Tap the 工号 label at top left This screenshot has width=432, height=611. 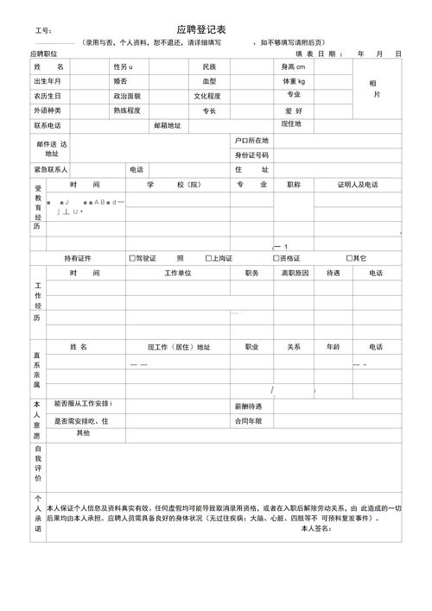click(x=43, y=31)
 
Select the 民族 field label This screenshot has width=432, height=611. click(x=209, y=66)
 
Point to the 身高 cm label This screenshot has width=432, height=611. click(x=293, y=66)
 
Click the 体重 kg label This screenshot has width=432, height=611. click(x=294, y=81)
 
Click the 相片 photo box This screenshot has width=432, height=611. click(x=375, y=88)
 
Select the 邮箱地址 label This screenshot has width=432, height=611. click(x=168, y=125)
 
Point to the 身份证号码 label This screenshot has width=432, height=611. click(x=252, y=154)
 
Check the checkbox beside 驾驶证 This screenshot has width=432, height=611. click(x=131, y=258)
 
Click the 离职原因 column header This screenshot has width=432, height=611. click(x=295, y=273)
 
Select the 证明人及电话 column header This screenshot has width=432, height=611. click(x=358, y=185)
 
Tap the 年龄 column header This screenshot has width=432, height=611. click(x=334, y=347)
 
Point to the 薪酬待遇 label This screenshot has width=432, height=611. click(x=250, y=406)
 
